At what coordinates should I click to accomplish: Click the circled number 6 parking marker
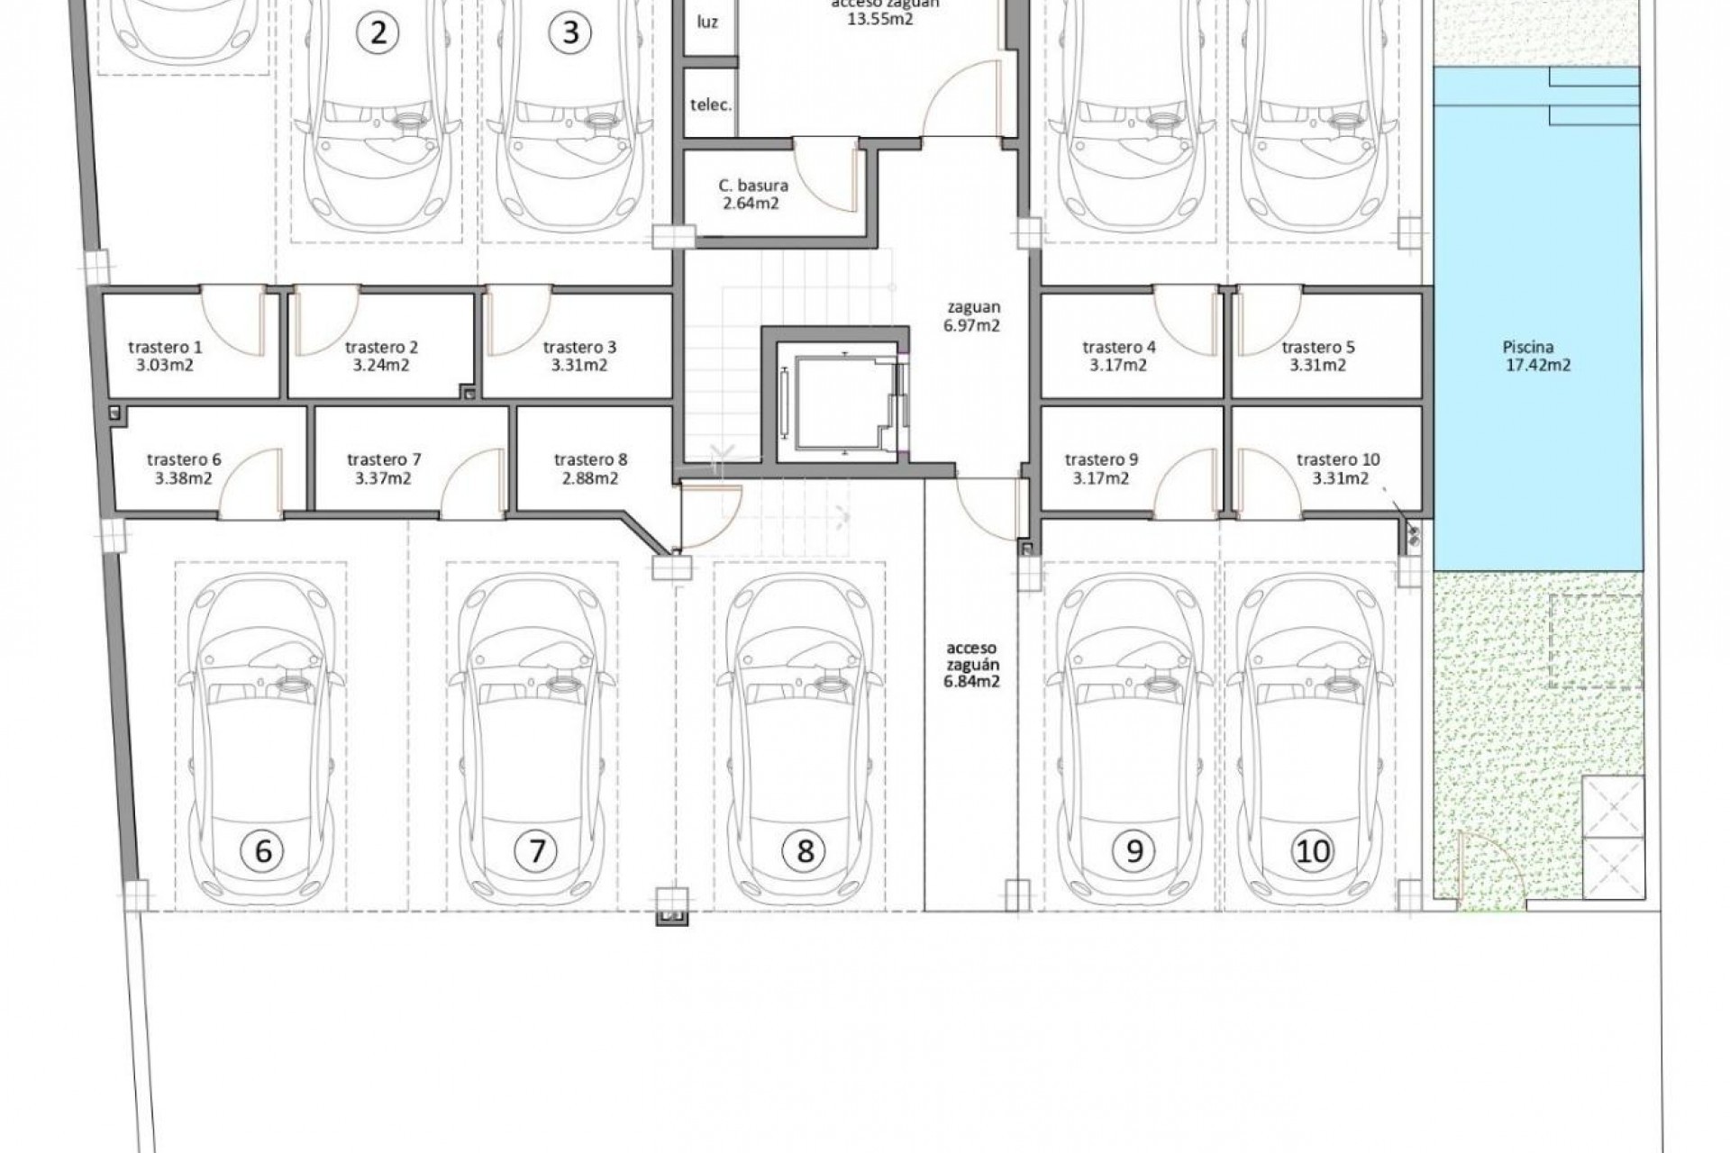coord(264,850)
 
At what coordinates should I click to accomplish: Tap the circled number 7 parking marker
coord(537,850)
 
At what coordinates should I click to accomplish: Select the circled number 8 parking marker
coord(805,850)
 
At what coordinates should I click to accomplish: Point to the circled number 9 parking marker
coord(1134,850)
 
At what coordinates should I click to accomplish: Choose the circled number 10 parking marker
coord(1312,850)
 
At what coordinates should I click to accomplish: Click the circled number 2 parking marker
coord(378,32)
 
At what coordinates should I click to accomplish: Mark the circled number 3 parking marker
coord(569,32)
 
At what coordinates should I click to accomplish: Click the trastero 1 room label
coord(165,356)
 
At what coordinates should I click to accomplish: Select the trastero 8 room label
coord(590,468)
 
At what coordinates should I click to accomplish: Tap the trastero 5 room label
coord(1317,356)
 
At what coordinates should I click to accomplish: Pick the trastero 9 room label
coord(1100,468)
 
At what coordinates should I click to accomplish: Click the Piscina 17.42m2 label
coord(1528,356)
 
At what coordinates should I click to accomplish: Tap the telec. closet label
coord(711,104)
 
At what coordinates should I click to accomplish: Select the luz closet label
coord(708,22)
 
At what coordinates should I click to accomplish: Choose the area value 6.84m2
coord(972,682)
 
